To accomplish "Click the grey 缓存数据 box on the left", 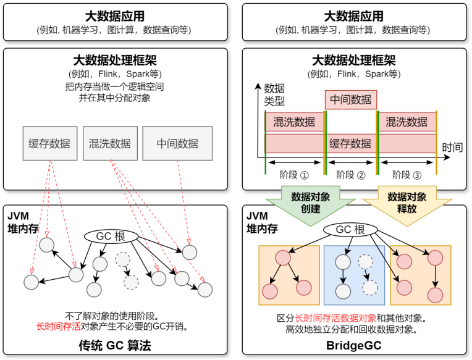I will (49, 144).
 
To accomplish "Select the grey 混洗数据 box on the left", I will (110, 144).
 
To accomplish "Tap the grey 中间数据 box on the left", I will (177, 144).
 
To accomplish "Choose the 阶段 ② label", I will (351, 174).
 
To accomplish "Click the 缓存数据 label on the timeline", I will (350, 144).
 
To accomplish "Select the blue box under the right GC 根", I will (354, 275).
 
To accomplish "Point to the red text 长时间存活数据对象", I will (335, 319).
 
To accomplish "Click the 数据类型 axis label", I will (274, 94).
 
